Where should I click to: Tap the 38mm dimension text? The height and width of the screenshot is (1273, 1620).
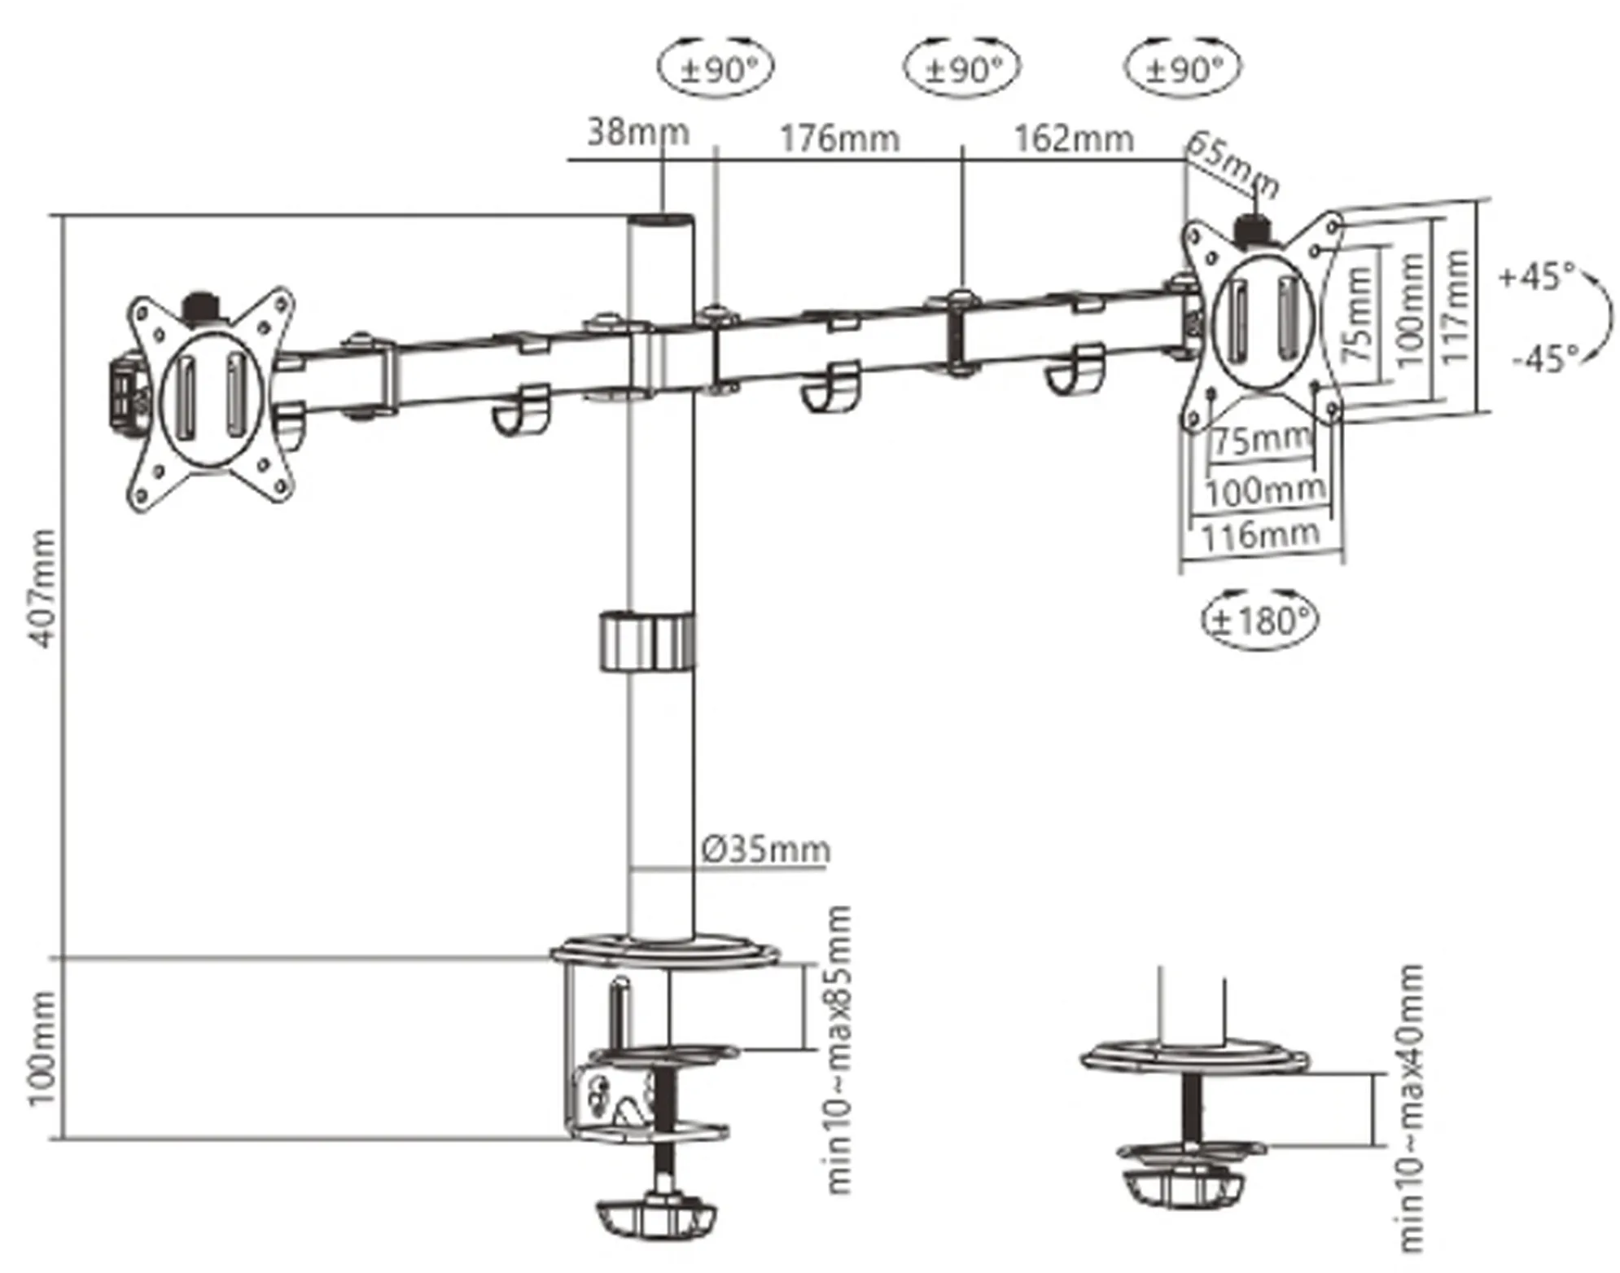[x=637, y=132]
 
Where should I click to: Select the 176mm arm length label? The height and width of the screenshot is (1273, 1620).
[x=839, y=138]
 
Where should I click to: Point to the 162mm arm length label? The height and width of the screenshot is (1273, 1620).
[x=1073, y=138]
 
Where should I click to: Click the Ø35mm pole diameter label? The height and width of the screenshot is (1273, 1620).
[x=765, y=849]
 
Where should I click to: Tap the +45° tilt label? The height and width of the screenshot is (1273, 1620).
[x=1536, y=276]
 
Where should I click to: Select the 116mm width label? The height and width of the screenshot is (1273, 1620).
[x=1259, y=535]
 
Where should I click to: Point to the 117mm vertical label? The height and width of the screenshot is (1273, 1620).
[x=1456, y=305]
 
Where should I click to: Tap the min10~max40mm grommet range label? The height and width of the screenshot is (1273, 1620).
[x=1411, y=1108]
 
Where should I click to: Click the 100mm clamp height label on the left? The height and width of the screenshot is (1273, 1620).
[x=42, y=1049]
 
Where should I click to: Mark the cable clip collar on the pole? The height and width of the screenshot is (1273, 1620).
[x=647, y=641]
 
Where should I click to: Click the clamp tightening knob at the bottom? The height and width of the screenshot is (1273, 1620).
[x=655, y=1217]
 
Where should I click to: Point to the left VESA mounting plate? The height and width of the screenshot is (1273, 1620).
[x=211, y=398]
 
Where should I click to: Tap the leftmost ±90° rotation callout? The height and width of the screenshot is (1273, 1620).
[x=716, y=69]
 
